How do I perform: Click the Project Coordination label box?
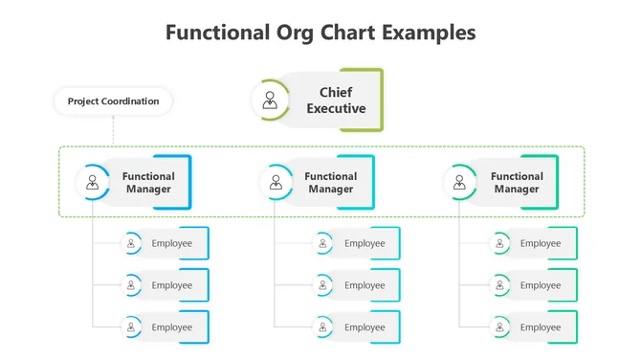[x=114, y=101]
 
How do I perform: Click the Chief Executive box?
[x=336, y=101]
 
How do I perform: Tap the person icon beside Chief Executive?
[x=270, y=100]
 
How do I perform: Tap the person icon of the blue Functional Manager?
[x=93, y=182]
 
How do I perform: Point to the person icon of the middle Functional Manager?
[x=276, y=182]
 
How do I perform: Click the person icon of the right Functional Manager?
[x=461, y=182]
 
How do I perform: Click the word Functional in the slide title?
[x=215, y=32]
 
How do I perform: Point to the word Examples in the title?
[x=429, y=32]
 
